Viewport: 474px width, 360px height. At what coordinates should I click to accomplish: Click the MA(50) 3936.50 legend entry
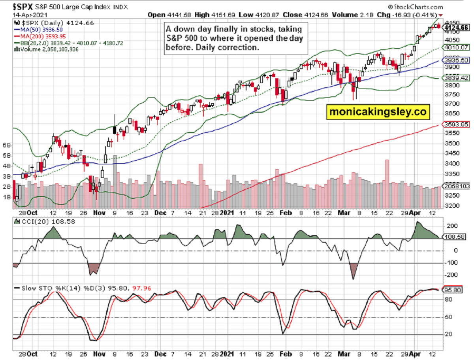(39, 30)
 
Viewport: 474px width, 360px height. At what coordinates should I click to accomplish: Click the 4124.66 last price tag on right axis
(456, 27)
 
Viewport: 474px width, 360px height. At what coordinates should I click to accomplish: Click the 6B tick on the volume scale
(7, 145)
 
